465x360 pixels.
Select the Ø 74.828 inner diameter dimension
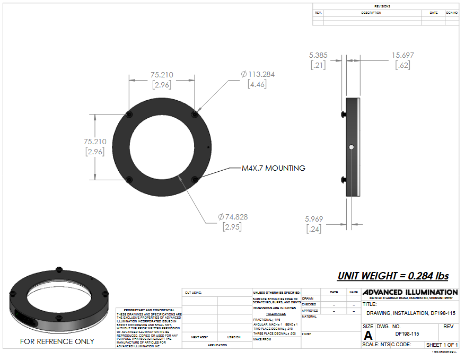[x=233, y=217]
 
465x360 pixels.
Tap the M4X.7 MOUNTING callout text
[x=273, y=168]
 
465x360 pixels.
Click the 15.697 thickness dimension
[x=403, y=55]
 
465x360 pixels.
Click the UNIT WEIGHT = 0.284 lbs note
[x=393, y=276]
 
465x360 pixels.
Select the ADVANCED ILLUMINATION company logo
[x=410, y=292]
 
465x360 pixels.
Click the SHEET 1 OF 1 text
[x=442, y=345]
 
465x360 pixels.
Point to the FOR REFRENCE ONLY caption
[x=57, y=341]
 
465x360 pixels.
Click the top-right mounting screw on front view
[x=195, y=114]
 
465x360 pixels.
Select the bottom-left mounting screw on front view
[x=130, y=179]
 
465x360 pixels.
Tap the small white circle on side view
[x=351, y=146]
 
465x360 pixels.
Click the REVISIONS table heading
[x=382, y=6]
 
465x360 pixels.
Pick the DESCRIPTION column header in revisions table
[x=371, y=13]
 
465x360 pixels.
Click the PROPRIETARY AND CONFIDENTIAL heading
[x=149, y=310]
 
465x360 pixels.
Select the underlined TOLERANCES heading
[x=276, y=314]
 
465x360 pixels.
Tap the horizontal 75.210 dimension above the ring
[x=162, y=75]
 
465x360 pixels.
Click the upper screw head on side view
[x=344, y=114]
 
